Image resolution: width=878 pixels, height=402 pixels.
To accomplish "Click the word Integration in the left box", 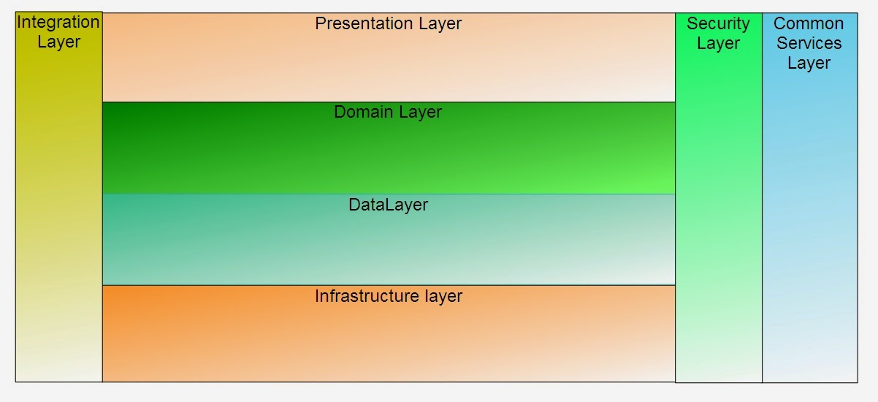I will pyautogui.click(x=58, y=22).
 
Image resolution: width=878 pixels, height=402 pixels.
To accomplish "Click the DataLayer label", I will pyautogui.click(x=388, y=205).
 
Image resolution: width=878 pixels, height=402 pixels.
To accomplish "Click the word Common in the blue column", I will pyautogui.click(x=809, y=23).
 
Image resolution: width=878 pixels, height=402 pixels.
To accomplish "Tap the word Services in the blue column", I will pyautogui.click(x=809, y=43).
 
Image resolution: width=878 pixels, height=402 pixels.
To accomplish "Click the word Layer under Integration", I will pyautogui.click(x=58, y=42).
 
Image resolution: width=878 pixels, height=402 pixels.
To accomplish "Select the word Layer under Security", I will pyautogui.click(x=718, y=43).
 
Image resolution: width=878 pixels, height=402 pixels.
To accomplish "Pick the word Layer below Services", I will pyautogui.click(x=809, y=63).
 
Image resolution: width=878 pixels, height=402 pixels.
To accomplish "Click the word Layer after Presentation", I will pyautogui.click(x=440, y=23).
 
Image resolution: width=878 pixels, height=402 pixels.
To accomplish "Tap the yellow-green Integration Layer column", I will pyautogui.click(x=58, y=219).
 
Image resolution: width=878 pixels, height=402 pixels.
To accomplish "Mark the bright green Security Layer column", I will pyautogui.click(x=718, y=219).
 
